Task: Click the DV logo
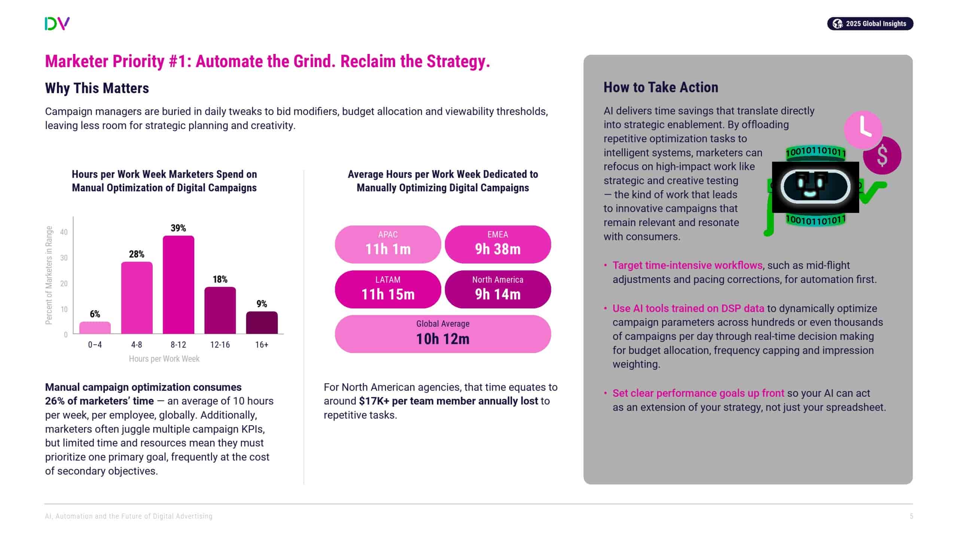tap(57, 24)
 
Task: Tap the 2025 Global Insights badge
tap(870, 24)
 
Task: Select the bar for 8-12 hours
tap(178, 284)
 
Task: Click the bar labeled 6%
tap(95, 328)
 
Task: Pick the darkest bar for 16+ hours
tap(262, 322)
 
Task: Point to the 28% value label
tap(137, 254)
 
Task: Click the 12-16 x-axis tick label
tap(220, 345)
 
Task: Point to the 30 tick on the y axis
tap(64, 258)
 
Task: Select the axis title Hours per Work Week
tap(164, 359)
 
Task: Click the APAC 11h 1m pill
tap(388, 244)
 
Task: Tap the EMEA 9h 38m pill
tap(498, 244)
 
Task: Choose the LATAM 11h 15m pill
tap(388, 289)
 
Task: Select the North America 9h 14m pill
tap(498, 289)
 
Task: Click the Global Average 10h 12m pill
tap(443, 334)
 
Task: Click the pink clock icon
tap(863, 130)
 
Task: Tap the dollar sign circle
tap(882, 155)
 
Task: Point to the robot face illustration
tap(815, 187)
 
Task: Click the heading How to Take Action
tap(660, 87)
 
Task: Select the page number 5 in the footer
tap(912, 516)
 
